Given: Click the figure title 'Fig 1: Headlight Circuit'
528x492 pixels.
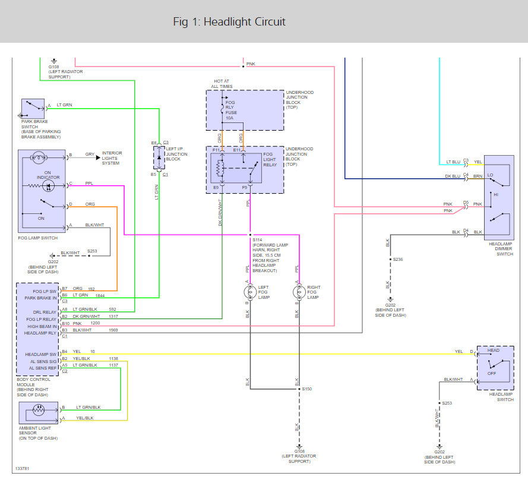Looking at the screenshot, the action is [229, 22].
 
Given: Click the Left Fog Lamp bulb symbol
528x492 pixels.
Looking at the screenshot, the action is [250, 292].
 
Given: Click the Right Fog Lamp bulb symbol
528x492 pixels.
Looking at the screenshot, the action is [299, 292].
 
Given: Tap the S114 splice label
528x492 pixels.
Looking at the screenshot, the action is [257, 239].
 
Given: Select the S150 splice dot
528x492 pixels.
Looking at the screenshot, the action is [299, 389].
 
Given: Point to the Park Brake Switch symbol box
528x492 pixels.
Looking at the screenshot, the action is [33, 109].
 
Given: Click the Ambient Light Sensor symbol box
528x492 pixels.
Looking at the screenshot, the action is [39, 413].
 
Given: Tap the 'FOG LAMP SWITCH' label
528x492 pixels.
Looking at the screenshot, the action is [38, 238].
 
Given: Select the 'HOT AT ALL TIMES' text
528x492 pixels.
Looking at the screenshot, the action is [222, 84].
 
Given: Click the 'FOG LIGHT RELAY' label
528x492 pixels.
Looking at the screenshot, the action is [270, 159].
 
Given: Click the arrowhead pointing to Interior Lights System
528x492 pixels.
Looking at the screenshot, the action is [98, 157].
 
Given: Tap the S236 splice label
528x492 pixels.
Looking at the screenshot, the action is [398, 259].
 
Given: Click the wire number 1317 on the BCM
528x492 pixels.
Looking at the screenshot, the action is [113, 317].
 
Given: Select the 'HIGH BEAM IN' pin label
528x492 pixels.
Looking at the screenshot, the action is [42, 326].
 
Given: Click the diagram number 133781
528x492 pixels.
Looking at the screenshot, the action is [22, 468].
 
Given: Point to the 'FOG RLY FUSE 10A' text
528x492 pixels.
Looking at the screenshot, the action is [231, 110].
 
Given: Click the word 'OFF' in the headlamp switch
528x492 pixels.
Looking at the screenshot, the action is [492, 373].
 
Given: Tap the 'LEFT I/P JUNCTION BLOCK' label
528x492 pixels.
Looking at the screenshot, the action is [176, 154].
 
